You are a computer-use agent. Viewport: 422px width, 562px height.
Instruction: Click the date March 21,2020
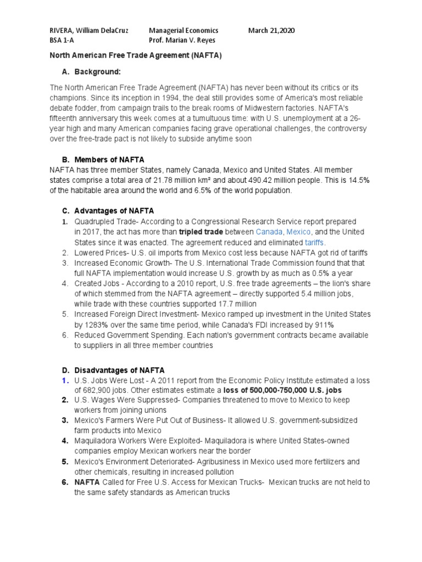[271, 31]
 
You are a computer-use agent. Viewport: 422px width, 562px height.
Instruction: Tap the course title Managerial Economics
[184, 31]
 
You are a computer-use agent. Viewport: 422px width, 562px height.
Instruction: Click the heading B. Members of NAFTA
[103, 160]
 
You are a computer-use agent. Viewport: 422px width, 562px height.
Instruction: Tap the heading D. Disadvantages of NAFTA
[113, 370]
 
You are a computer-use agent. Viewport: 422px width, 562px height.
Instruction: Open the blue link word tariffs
[314, 242]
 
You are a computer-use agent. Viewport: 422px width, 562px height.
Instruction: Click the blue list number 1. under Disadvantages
[64, 380]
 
